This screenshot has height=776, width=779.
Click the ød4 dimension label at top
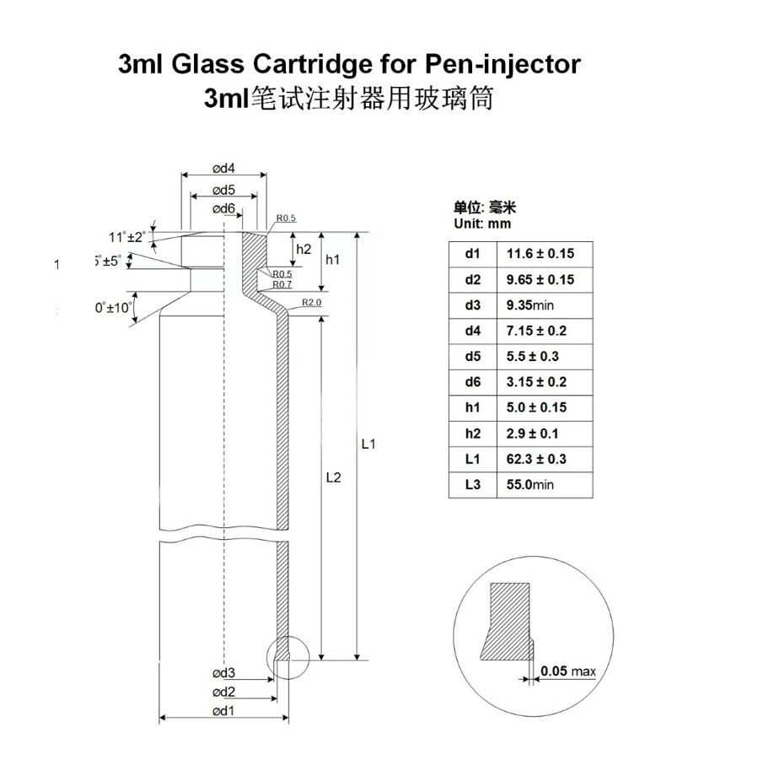tap(223, 167)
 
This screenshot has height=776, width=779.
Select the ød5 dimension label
tap(223, 189)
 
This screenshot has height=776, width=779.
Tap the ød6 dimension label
tap(223, 208)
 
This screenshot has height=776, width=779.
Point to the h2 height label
tap(304, 249)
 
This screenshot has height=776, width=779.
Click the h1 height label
tap(333, 260)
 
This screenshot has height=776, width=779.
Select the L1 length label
tap(368, 445)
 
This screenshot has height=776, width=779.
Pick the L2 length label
tap(333, 477)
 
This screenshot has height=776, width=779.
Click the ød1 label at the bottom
tap(223, 711)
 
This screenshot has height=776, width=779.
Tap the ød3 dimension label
tap(223, 672)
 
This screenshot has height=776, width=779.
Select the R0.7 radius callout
tap(282, 285)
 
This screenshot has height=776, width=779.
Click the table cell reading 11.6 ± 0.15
tap(540, 254)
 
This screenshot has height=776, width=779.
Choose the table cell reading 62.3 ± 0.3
tap(536, 459)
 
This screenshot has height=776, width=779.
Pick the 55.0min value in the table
tap(529, 485)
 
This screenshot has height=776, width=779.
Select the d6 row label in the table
tap(472, 382)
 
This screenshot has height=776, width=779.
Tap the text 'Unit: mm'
tap(482, 224)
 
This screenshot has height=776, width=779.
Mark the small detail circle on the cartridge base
tap(289, 655)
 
